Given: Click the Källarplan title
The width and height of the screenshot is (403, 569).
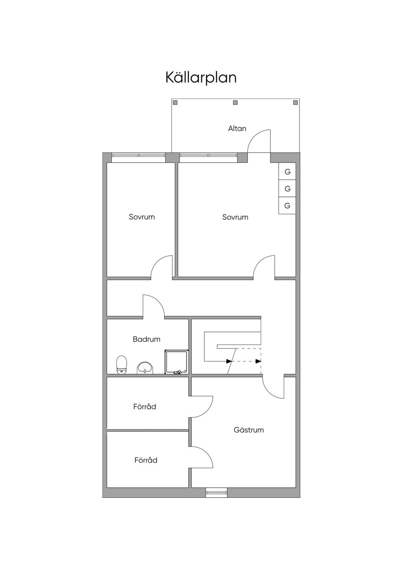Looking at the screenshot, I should (201, 77).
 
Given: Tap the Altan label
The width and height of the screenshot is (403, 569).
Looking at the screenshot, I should (237, 128).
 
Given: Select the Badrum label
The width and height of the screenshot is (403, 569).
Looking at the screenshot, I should (146, 339).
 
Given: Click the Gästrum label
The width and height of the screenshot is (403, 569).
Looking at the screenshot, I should (249, 430).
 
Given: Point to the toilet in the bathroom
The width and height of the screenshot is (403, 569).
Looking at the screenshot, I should (122, 364).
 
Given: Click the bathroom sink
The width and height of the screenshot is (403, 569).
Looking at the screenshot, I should (145, 368).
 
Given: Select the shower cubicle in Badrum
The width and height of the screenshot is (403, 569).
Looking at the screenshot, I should (176, 362).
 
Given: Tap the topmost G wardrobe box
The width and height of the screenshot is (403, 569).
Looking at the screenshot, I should (287, 172).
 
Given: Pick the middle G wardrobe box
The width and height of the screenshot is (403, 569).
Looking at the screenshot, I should (287, 189).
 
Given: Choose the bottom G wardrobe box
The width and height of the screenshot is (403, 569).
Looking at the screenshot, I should (287, 206).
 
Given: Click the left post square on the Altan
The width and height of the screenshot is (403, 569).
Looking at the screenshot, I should (175, 103).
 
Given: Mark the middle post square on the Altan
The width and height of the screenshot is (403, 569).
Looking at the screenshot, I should (235, 103).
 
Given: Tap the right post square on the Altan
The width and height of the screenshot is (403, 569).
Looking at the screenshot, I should (296, 103).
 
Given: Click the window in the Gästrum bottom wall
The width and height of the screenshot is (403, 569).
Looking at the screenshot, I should (216, 492).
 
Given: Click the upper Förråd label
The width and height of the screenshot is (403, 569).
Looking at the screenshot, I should (145, 407).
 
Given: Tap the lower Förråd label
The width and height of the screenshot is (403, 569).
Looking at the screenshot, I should (146, 460).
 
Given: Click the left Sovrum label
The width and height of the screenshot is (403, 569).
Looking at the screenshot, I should (142, 217).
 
